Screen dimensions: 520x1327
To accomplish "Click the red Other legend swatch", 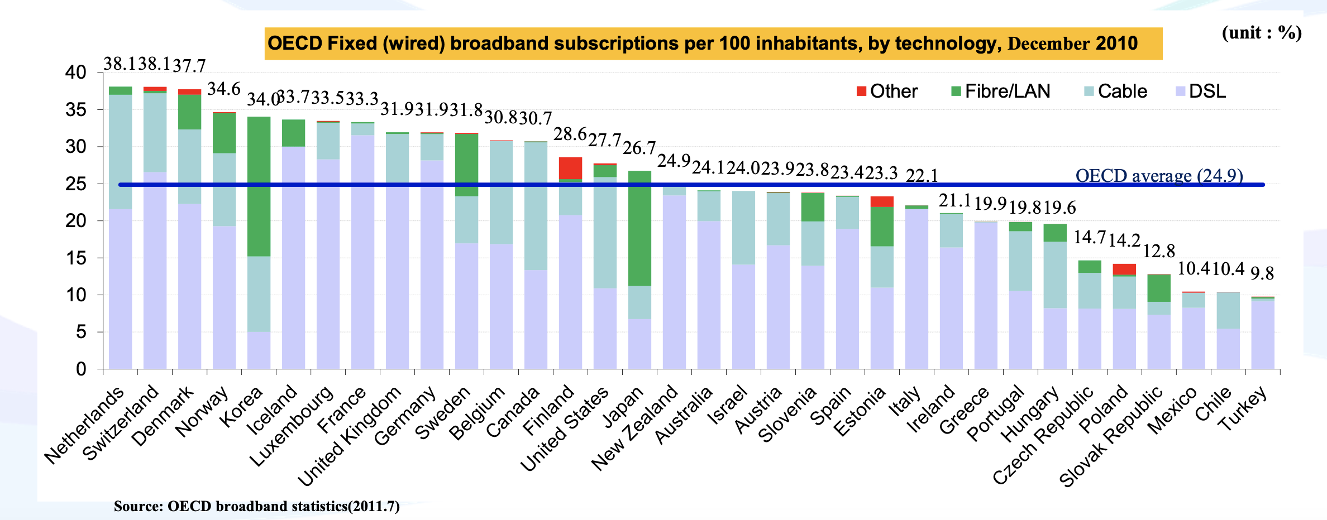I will click(861, 91).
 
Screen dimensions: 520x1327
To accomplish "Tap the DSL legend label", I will click(1207, 91).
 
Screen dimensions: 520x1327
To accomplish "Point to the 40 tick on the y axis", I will click(76, 73).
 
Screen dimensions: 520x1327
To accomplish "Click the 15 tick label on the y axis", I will click(76, 258).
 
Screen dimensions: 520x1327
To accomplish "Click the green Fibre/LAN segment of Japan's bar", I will click(639, 228).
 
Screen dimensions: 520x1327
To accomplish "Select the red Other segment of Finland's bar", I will click(570, 168).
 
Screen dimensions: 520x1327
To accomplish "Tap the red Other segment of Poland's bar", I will click(1124, 269).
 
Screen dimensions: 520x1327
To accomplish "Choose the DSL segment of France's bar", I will click(362, 251).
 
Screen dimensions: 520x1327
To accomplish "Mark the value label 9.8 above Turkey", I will click(1262, 273).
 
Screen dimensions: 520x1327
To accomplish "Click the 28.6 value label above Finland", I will click(570, 134).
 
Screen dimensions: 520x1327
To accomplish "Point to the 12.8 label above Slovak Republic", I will click(1159, 251).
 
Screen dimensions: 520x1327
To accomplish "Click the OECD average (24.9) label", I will click(1159, 175).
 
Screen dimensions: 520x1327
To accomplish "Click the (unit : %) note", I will click(1262, 32).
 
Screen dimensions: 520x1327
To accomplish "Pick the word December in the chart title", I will click(1048, 44).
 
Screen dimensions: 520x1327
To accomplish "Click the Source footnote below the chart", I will click(256, 506).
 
